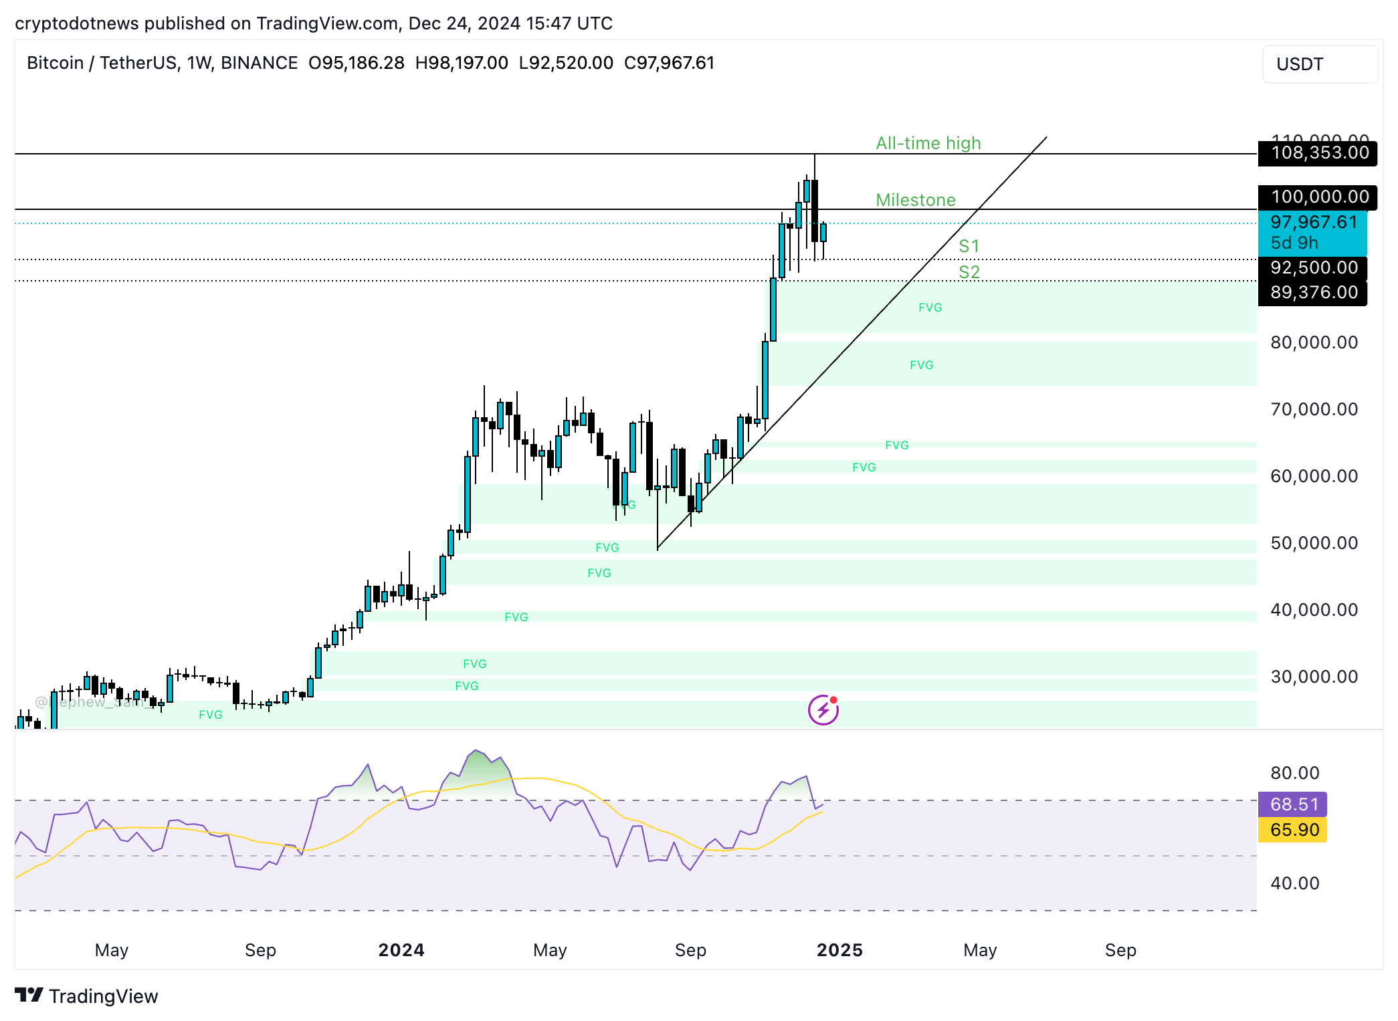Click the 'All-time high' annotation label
(928, 143)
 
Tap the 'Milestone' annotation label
(915, 200)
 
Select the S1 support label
(969, 246)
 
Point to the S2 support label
(969, 272)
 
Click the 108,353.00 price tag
(1319, 153)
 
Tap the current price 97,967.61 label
(1313, 223)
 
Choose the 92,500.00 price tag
(1314, 267)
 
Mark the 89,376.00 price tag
(1314, 292)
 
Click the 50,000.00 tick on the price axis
(1314, 543)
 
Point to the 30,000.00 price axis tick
(1314, 677)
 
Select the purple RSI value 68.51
(1294, 804)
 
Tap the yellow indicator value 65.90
(1294, 830)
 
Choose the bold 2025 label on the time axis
(839, 950)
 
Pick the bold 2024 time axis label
(401, 950)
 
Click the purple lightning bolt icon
(823, 710)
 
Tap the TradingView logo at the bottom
(86, 996)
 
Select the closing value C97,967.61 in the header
(669, 63)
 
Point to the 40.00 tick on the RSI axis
(1294, 883)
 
